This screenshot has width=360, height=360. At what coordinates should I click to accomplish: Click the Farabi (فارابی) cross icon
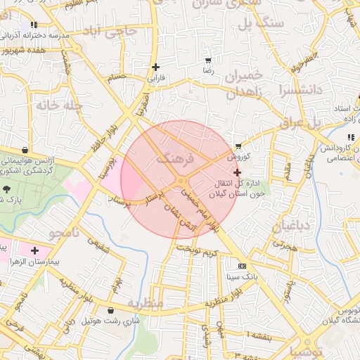click(x=155, y=67)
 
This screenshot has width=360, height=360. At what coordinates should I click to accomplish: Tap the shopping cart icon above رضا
click(x=207, y=60)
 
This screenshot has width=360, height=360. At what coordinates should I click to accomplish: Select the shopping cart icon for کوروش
click(x=238, y=146)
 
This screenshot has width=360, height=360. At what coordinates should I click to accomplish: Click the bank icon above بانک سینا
click(x=243, y=266)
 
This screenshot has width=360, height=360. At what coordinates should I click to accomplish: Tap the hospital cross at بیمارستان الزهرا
click(x=34, y=250)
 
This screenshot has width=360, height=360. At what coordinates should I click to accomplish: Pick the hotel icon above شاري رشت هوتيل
click(x=111, y=310)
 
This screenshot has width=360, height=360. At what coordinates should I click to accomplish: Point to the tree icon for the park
click(x=7, y=188)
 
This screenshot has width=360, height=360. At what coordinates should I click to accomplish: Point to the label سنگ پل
click(x=261, y=23)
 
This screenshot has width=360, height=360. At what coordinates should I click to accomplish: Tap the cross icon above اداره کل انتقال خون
click(x=237, y=172)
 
